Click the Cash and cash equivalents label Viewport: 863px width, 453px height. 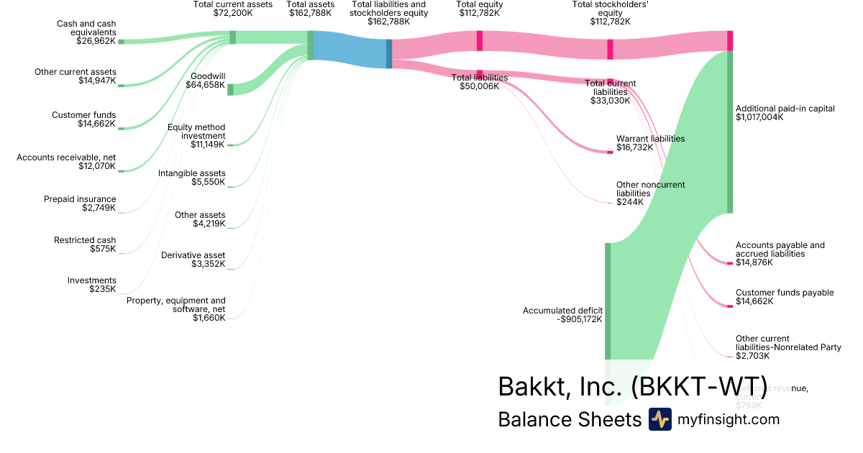86,28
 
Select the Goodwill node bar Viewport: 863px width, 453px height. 230,89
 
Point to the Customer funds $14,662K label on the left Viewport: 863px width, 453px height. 83,119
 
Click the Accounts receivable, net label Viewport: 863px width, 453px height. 66,157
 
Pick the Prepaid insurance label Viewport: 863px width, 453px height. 79,199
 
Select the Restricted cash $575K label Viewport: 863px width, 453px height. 84,244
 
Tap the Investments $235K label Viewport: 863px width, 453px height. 91,285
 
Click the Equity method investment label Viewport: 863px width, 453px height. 196,132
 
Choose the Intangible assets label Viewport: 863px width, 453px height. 191,173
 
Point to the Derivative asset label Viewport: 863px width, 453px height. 193,255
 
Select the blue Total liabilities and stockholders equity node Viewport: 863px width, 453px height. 389,53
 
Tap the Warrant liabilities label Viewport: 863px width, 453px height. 650,139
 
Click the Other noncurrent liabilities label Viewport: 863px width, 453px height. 650,189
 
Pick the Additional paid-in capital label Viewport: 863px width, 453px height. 785,109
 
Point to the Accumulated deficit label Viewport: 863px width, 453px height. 562,311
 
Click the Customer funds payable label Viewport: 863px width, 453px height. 785,293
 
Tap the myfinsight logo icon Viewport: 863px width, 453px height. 659,419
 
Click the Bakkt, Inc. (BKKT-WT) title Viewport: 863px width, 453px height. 632,386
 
